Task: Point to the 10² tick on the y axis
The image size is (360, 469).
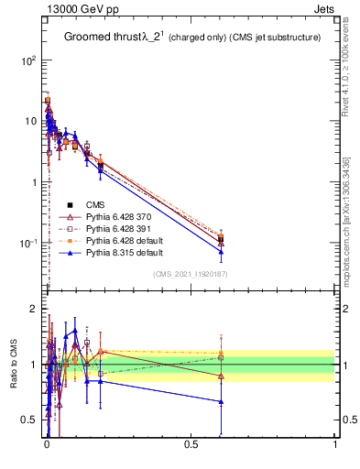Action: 29,60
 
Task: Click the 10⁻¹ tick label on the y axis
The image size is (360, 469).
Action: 29,243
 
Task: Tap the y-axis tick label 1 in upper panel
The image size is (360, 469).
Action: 33,181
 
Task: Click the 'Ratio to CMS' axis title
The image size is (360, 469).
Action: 14,365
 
